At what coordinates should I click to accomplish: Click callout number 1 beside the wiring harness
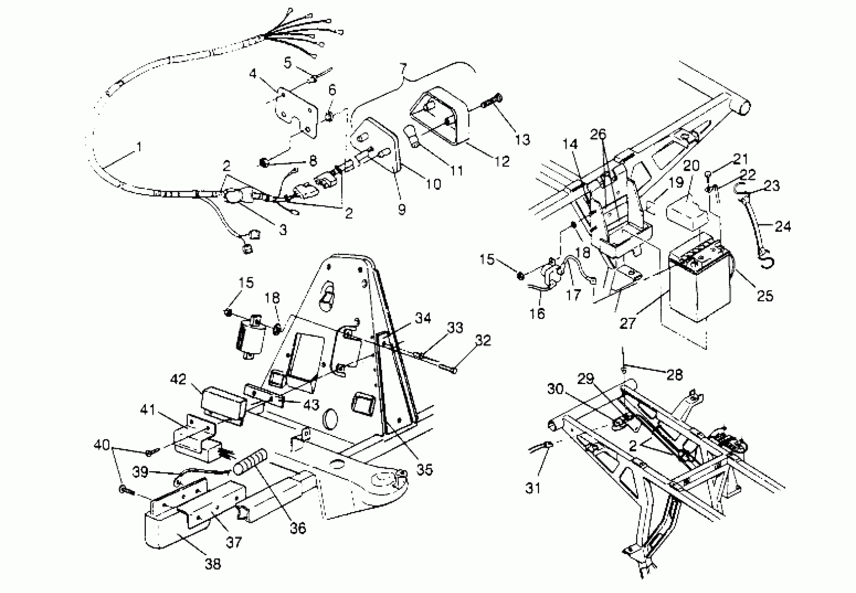[139, 147]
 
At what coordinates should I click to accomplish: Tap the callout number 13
[522, 140]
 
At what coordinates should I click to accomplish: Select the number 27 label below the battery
[627, 323]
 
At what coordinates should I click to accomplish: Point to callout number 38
[213, 564]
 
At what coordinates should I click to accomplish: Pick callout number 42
[178, 380]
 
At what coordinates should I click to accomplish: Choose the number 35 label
[424, 470]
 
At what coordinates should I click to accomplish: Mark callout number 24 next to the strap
[783, 226]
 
